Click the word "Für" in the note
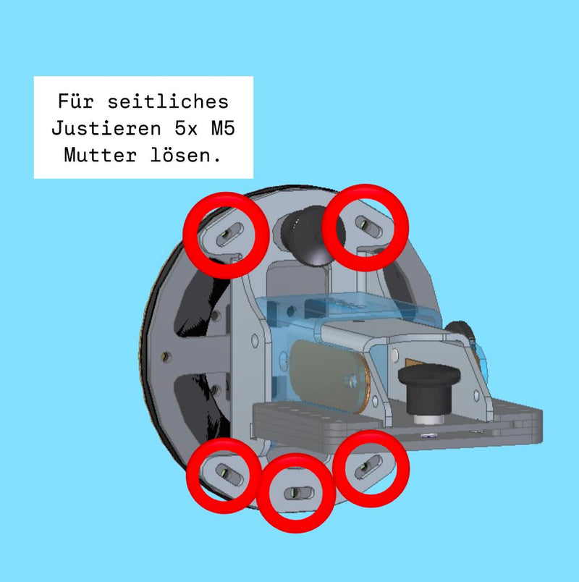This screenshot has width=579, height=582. pos(76,101)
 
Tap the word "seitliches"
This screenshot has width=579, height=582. pos(168,101)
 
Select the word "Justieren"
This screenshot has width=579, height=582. pos(106,128)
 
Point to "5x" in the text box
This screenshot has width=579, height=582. pos(186,128)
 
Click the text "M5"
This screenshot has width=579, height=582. pos(223,128)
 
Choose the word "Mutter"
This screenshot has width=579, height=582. pos(100,155)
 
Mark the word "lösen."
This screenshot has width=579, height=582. pos(185,154)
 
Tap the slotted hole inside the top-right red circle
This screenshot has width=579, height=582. pos(368,226)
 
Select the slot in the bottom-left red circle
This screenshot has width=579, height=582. pos(229,474)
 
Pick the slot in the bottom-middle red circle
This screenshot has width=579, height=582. pos(299,493)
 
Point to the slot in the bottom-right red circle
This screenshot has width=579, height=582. pos(368,466)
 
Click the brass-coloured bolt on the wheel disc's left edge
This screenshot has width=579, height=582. pos(166,357)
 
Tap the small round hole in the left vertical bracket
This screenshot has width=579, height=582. pos(255,340)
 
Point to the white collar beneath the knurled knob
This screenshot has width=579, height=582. pos(429,419)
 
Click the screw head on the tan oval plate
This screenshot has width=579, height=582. pos(351,380)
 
